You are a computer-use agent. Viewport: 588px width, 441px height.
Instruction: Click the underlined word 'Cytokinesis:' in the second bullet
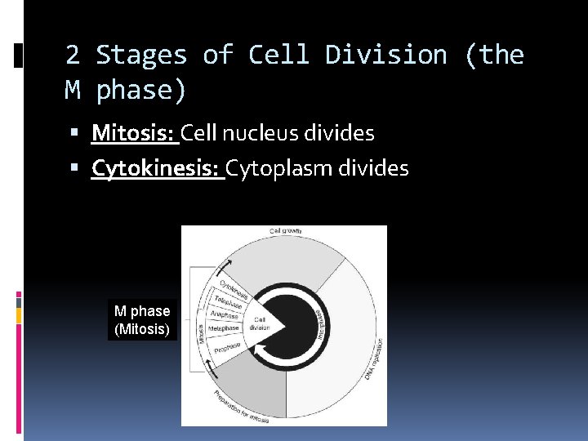[157, 168]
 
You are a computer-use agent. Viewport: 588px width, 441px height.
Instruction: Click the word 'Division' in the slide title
[386, 55]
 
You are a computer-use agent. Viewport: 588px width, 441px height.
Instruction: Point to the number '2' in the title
[73, 55]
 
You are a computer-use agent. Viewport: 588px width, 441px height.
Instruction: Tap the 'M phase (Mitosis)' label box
[142, 320]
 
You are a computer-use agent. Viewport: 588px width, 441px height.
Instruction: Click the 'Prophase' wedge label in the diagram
[227, 348]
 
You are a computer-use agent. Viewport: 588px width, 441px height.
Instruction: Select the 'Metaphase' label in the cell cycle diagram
[223, 328]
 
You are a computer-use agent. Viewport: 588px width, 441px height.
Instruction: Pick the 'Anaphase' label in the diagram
[224, 314]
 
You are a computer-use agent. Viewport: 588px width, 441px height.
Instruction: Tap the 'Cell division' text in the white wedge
[260, 323]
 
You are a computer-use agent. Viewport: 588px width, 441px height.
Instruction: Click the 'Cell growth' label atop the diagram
[285, 232]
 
